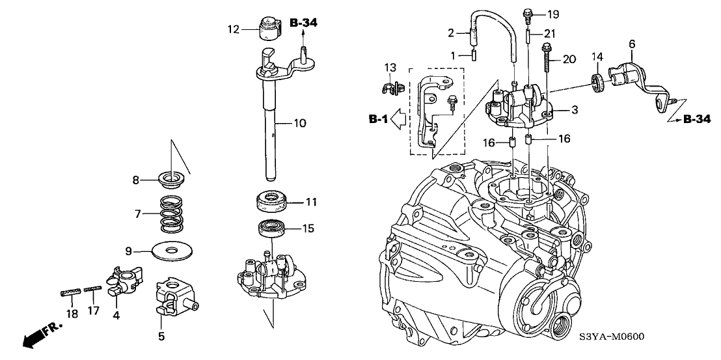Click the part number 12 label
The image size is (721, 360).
coord(233,29)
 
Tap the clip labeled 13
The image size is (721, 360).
coord(392,86)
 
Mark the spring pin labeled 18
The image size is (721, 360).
coord(68,294)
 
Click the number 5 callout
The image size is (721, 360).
coord(161,336)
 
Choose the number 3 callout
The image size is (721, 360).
coord(575,110)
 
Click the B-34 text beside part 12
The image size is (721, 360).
coord(303,23)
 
